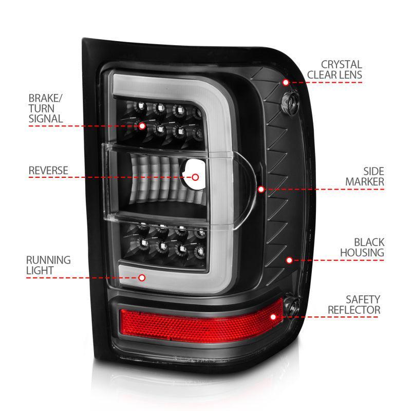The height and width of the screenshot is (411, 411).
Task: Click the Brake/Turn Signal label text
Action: point(46,108)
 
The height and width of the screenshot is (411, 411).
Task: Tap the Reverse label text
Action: point(48,170)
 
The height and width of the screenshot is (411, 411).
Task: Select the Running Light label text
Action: point(49,266)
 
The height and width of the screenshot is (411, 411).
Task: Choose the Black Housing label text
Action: point(362,247)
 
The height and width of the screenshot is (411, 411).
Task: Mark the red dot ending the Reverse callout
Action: point(195,177)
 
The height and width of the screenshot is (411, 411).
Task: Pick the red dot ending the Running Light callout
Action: point(142,277)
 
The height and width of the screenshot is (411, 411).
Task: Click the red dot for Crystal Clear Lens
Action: point(286,82)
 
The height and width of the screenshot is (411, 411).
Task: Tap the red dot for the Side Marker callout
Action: point(261,189)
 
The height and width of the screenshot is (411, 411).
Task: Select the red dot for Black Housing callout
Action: point(289,260)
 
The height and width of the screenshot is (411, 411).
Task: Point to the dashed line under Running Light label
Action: point(82,277)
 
